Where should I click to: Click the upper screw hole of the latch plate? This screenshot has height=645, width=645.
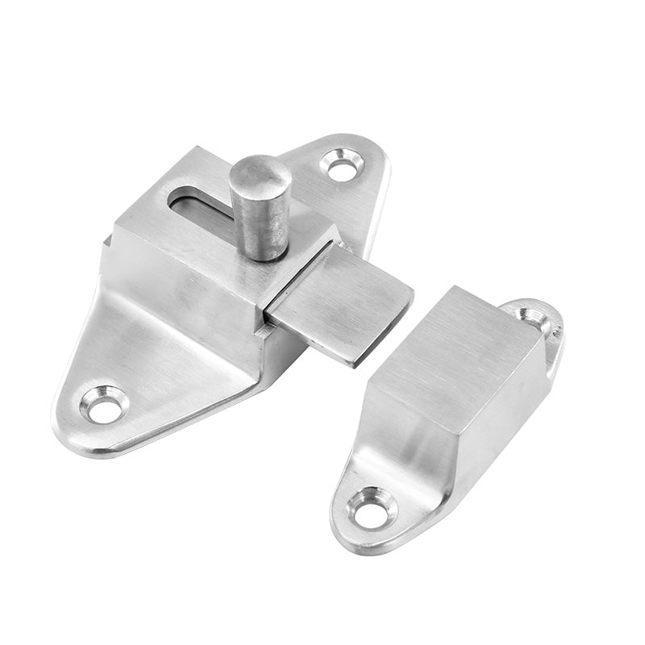pos(342,166)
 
